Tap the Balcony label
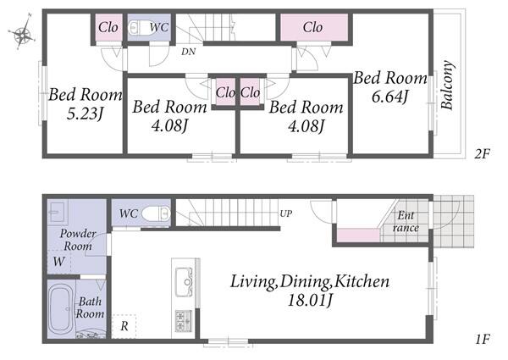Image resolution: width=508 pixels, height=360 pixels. pos(447,85)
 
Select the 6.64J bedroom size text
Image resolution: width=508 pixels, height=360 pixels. pos(389,97)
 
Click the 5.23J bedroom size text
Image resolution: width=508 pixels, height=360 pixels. pos(85,114)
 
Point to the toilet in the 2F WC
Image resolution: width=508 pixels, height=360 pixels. pos(136,27)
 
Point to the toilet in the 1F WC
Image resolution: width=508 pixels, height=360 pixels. pos(156,213)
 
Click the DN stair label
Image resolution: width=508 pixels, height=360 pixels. pos(188,51)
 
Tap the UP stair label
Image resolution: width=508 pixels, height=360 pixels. pos(286,213)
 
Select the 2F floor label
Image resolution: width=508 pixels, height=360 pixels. pos(482,153)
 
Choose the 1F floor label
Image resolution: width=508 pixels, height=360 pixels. pos(483,339)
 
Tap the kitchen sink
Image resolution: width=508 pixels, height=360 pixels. pos(184,281)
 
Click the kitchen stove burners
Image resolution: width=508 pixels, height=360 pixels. pos(184,321)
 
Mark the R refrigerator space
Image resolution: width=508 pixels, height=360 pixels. pos(124,326)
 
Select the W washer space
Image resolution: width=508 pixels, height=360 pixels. pos(59,261)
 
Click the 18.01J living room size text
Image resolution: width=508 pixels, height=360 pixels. pos(310,301)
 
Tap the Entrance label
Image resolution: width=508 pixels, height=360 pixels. pos(406,221)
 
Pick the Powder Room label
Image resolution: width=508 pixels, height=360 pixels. pos(78,240)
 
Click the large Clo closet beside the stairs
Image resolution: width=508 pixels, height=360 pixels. pos(314,27)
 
